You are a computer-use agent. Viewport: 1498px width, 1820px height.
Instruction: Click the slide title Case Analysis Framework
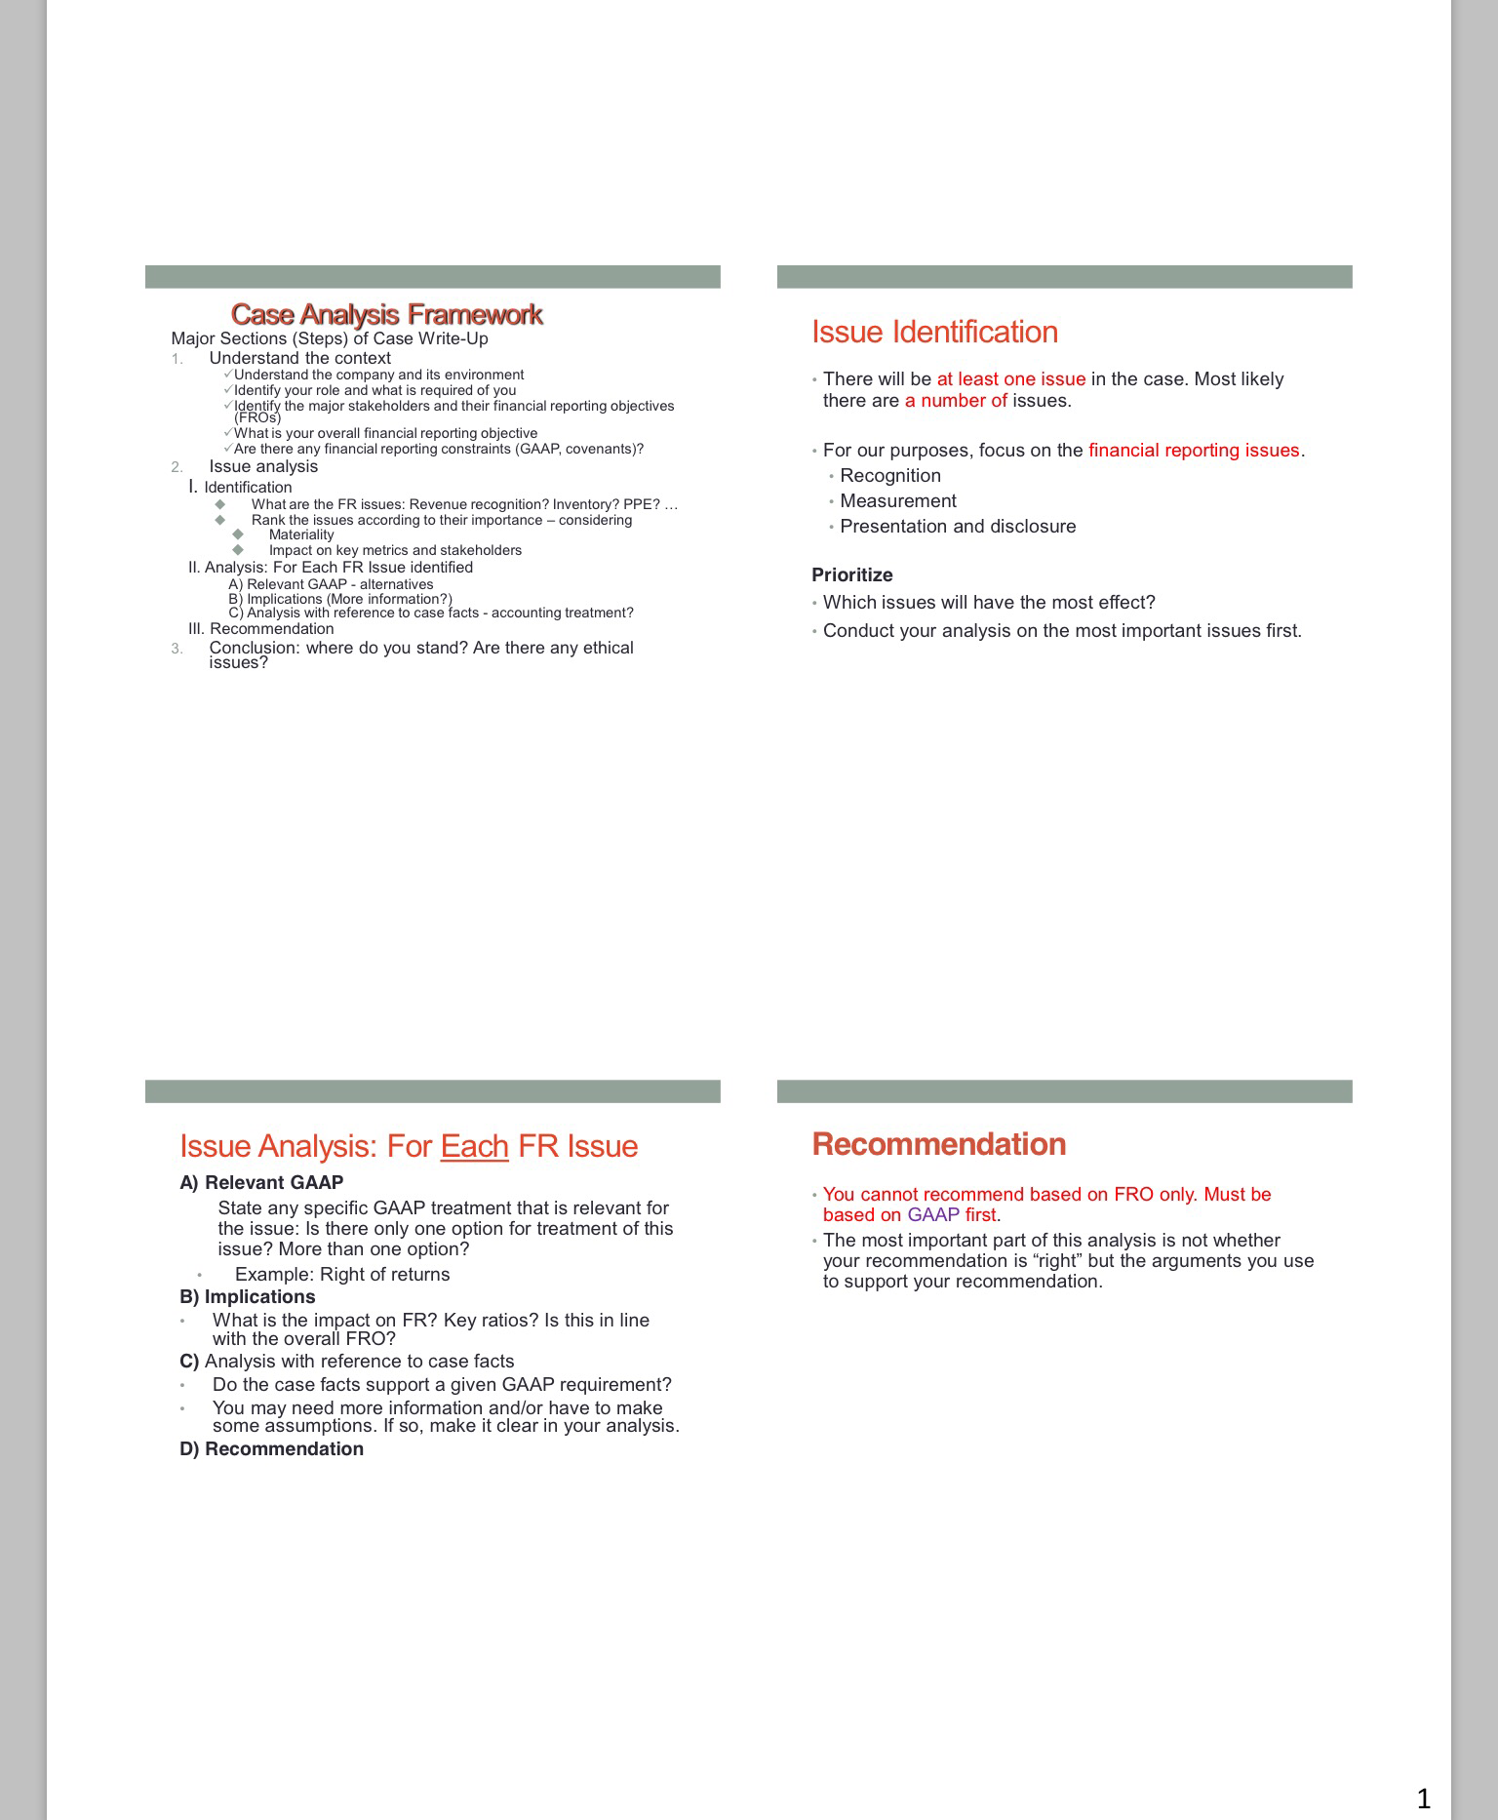point(386,314)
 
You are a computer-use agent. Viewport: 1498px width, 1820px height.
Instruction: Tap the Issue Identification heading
point(934,333)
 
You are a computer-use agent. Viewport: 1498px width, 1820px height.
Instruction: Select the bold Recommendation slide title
point(938,1144)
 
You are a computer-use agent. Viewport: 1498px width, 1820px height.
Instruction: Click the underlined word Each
point(474,1146)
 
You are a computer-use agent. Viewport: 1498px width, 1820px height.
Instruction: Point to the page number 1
point(1423,1798)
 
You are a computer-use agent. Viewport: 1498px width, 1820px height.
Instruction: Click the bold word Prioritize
point(851,575)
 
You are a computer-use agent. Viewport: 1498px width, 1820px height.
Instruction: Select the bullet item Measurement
point(897,501)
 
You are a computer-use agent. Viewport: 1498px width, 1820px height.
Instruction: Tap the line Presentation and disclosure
point(957,527)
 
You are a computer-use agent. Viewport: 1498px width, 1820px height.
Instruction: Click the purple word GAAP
point(932,1215)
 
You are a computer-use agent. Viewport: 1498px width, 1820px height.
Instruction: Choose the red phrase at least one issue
point(1010,379)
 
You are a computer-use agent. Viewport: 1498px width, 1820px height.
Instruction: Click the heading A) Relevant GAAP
point(261,1183)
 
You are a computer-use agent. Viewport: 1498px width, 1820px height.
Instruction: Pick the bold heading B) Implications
point(247,1297)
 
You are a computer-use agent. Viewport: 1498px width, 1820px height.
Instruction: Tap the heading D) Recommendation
point(271,1449)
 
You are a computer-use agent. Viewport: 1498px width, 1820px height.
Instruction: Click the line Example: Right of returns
point(342,1275)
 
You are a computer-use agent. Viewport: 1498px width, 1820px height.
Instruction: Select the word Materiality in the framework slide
point(300,534)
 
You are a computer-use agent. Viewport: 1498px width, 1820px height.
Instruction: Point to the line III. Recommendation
point(260,629)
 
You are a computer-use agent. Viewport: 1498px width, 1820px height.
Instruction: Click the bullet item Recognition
point(889,476)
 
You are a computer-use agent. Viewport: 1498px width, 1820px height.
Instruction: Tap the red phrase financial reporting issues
point(1194,451)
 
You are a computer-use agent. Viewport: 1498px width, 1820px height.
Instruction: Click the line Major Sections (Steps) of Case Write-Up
point(329,338)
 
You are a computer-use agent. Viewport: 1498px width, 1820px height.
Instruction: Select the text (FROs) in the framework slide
point(256,417)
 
